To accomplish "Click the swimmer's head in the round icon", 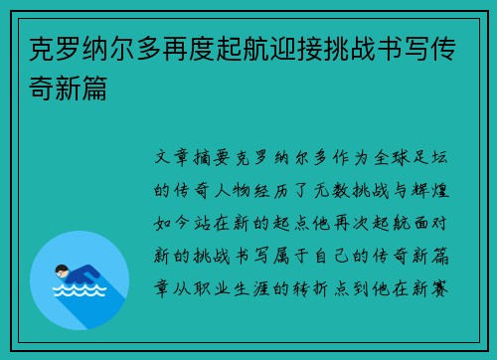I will coord(61,270).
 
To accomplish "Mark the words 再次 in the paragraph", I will coord(353,215).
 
